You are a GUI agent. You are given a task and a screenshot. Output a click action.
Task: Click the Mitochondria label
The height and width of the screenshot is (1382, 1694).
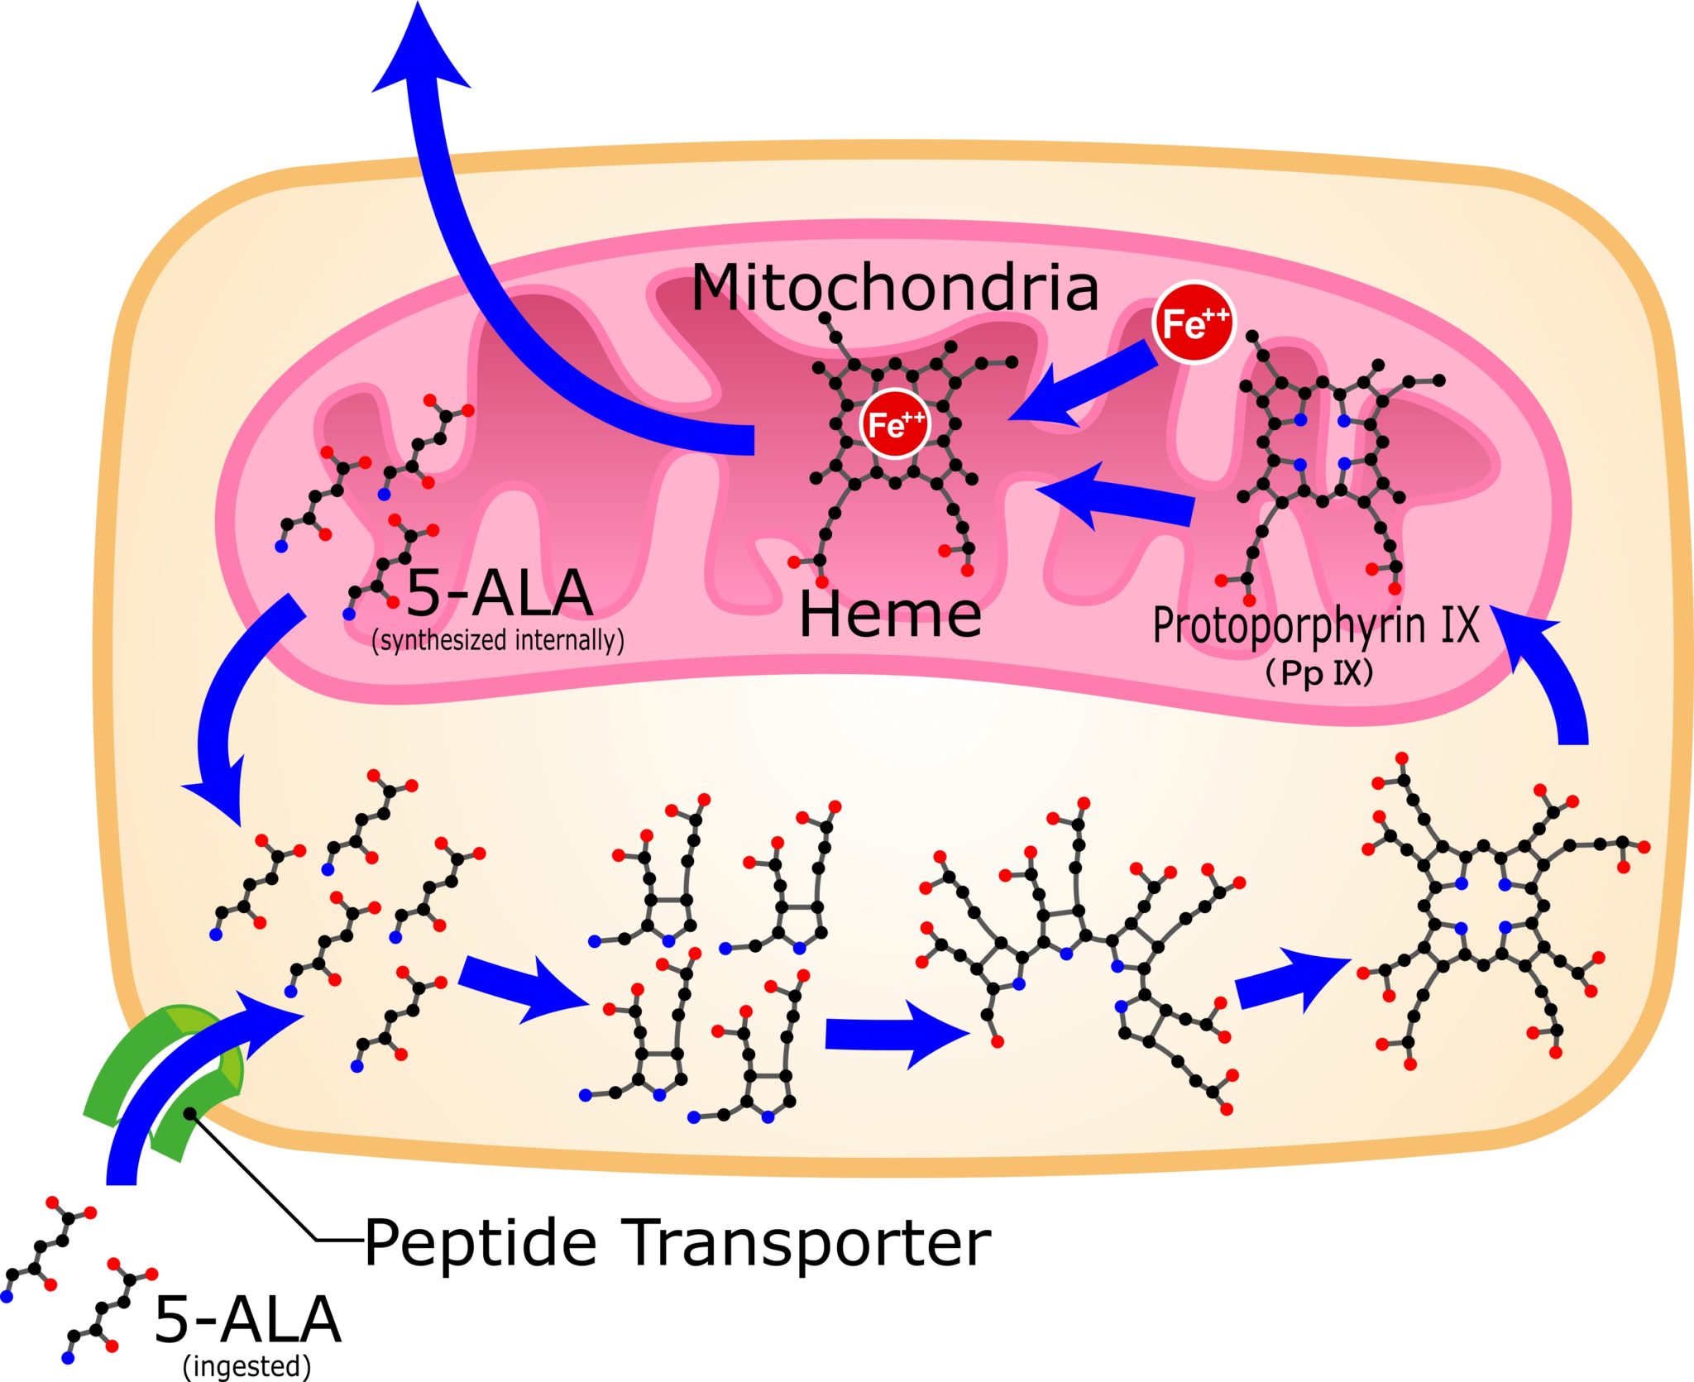894,288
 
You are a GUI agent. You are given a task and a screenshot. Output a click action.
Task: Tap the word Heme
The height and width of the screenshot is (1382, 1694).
890,614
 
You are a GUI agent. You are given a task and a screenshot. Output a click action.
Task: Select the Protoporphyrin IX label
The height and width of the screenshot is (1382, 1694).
1315,626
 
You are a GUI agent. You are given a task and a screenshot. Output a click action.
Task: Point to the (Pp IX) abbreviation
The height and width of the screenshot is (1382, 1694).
1318,673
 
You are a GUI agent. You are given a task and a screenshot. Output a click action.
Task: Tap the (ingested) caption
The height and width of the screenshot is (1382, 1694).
246,1365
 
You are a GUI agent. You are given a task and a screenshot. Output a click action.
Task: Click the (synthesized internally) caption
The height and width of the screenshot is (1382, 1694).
498,641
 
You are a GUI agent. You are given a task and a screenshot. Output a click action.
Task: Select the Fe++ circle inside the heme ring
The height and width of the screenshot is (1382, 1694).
894,424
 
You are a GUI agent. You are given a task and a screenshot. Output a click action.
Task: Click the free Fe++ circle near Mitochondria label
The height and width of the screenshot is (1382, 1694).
1193,323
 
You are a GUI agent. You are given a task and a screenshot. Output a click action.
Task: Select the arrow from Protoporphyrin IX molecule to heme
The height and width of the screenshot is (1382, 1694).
1117,499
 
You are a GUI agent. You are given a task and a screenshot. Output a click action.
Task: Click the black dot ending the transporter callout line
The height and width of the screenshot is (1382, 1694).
191,1113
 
